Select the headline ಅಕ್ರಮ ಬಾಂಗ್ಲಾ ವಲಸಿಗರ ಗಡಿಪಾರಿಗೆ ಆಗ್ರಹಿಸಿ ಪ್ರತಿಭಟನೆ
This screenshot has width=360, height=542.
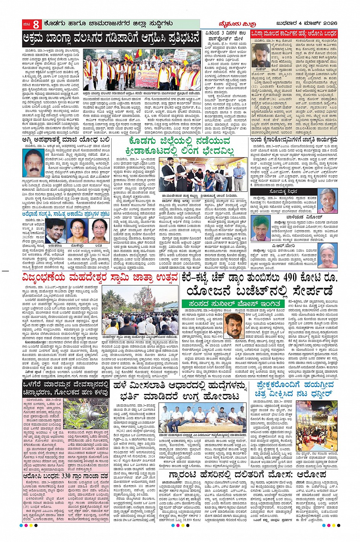pos(111,39)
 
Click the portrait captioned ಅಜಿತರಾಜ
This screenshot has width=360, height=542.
pos(56,231)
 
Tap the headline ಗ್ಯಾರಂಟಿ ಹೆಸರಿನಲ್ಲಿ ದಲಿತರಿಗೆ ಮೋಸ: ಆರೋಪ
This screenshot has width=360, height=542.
pos(247,475)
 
